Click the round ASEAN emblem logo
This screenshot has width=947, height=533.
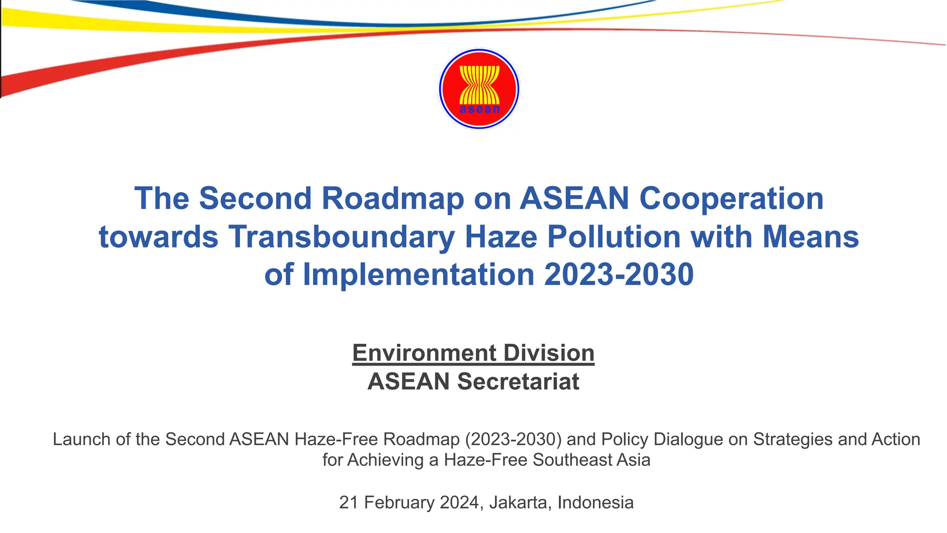pos(479,88)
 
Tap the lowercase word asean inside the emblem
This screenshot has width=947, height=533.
pos(480,110)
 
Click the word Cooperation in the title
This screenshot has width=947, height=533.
pos(731,198)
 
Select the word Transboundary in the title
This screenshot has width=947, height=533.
pos(341,237)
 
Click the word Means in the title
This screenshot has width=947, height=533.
pos(810,237)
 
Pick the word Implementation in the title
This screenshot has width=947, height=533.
pos(419,274)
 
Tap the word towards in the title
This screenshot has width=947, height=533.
pos(158,237)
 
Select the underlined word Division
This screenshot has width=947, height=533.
pos(549,353)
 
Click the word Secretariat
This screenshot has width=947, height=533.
pos(518,382)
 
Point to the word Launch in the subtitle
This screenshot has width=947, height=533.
pos(81,439)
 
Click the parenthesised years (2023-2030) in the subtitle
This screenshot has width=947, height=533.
pos(513,439)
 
